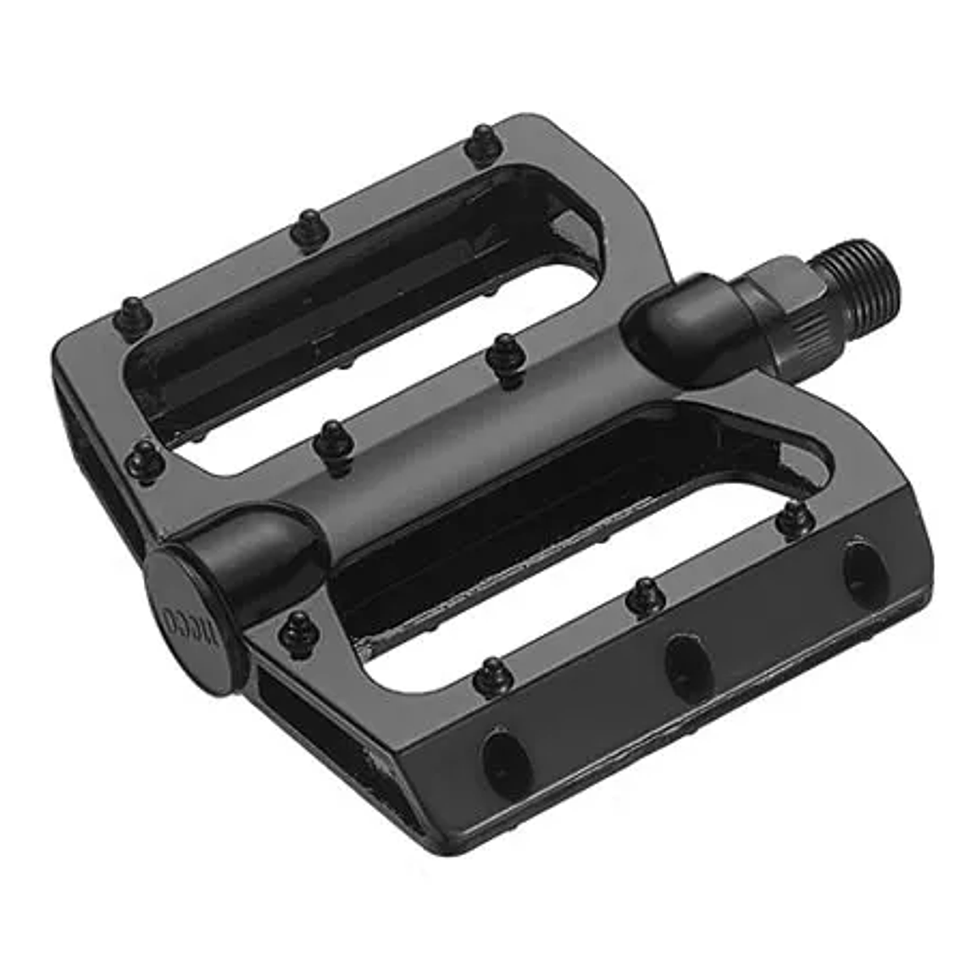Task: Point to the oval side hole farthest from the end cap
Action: coord(863,573)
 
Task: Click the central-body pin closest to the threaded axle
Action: coord(506,357)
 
